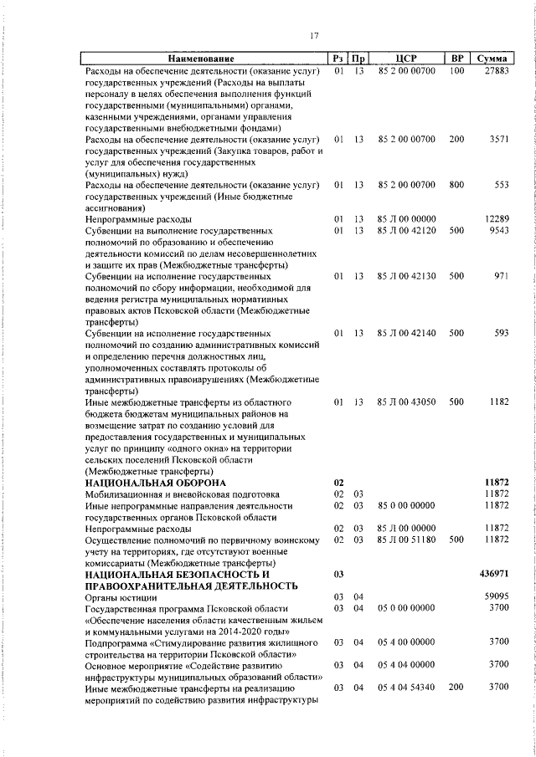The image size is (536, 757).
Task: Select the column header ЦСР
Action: coord(407,59)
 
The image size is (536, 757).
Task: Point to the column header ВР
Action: coord(456,59)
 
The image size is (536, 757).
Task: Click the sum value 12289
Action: coord(496,218)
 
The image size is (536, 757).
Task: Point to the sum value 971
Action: coord(502,274)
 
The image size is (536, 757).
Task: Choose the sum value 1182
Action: coord(499,402)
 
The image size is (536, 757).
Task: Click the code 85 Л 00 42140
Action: coord(407,334)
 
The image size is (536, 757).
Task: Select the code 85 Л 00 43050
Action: coord(407,402)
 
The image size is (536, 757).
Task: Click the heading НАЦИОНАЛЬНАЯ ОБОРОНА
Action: coord(156,483)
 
